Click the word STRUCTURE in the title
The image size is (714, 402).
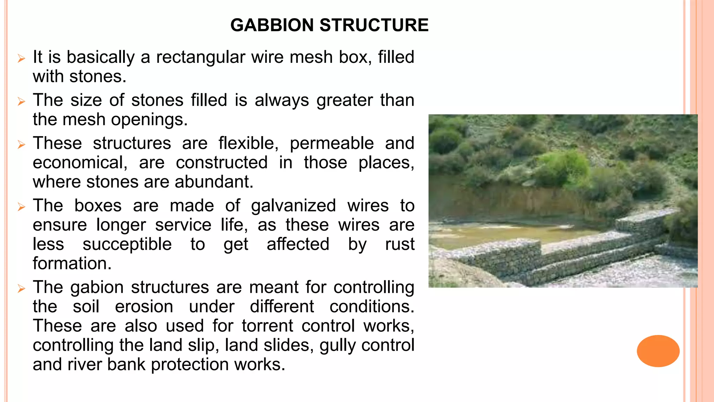tap(374, 25)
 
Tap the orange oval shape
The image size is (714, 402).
tap(658, 351)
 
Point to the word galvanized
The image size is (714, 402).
tap(293, 206)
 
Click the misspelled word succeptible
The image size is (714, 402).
tap(127, 244)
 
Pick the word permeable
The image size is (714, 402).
tap(332, 143)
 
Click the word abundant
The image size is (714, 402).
tap(214, 182)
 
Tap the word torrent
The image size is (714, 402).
tap(267, 326)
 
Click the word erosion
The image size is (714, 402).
tap(144, 307)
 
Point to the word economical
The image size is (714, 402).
tap(80, 163)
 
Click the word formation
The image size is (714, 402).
tap(72, 263)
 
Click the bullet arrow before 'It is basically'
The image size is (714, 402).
tap(22, 58)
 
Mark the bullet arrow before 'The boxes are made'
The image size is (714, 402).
tap(22, 207)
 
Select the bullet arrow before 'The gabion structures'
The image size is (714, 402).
tap(22, 289)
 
